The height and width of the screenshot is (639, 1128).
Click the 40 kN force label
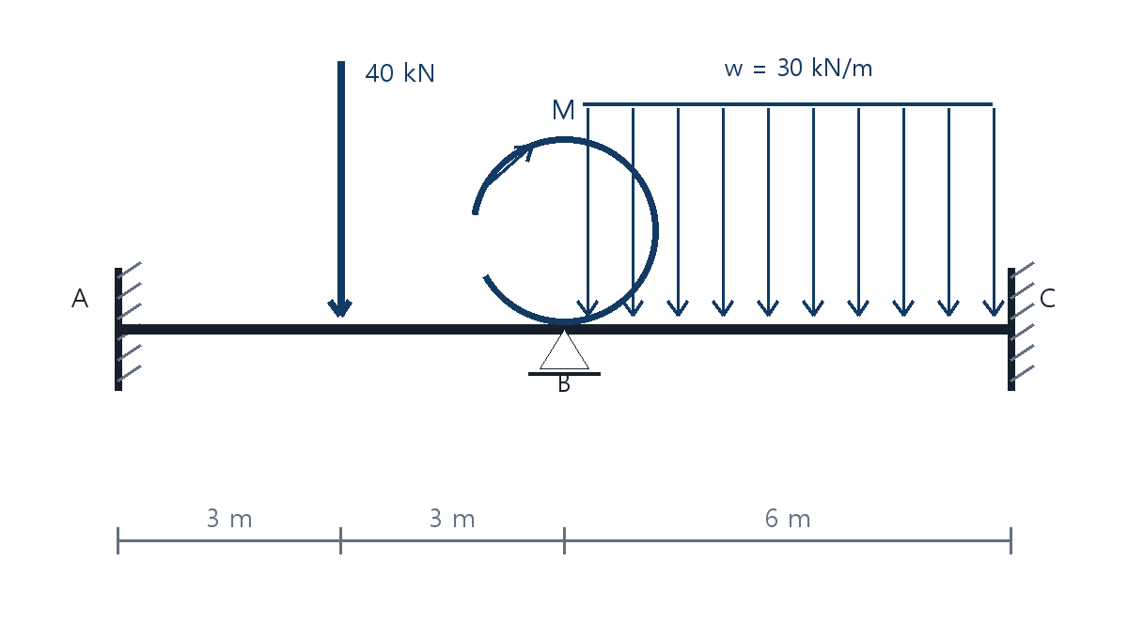399,73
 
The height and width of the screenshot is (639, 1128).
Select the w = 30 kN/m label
798,68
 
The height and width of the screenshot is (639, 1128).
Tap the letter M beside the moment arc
563,110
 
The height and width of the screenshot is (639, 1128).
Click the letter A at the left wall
80,298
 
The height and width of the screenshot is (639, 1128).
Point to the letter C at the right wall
1047,298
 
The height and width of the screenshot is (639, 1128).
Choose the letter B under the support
564,384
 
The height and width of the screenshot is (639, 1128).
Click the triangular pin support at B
565,351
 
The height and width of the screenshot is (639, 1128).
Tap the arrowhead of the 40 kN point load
340,307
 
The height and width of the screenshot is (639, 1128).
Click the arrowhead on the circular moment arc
524,152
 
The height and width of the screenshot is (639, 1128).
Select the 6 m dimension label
788,519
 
